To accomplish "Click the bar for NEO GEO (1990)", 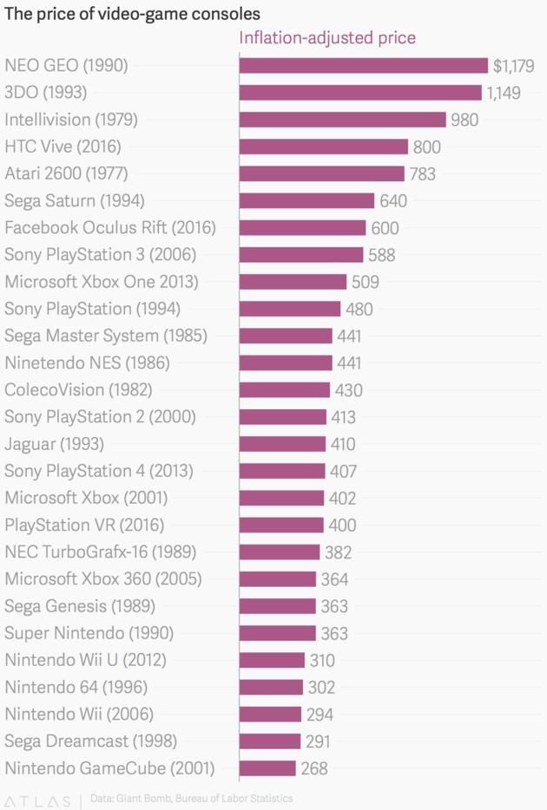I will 363,66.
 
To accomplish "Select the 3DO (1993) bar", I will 359,93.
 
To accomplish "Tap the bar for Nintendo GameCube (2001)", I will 267,768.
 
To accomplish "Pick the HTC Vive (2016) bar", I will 323,147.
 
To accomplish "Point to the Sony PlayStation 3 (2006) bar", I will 300,255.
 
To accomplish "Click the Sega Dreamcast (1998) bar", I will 269,741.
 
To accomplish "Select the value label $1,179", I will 513,66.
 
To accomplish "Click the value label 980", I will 465,120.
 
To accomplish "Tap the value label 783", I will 422,173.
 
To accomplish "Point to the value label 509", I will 365,282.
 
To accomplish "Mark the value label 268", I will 314,768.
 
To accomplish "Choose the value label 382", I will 338,552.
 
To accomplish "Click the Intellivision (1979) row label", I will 71,120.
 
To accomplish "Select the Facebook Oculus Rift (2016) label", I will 110,228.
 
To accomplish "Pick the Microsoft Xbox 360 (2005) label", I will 103,579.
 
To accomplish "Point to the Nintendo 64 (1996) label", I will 76,687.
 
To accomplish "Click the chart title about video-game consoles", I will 133,15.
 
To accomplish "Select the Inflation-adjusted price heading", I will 327,38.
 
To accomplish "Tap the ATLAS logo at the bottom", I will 39,800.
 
